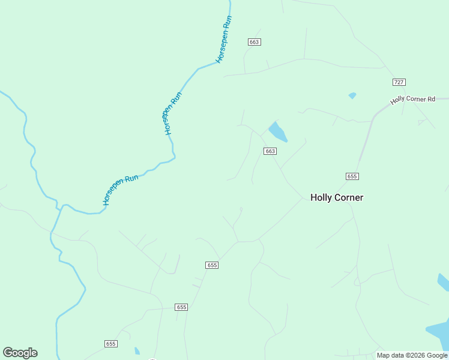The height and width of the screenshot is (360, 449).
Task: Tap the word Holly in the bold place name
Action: pyautogui.click(x=321, y=197)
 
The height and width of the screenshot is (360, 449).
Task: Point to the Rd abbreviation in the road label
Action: pyautogui.click(x=431, y=98)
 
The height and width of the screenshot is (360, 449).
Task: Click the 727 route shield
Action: pyautogui.click(x=399, y=82)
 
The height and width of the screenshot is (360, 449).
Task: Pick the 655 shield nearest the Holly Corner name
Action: pyautogui.click(x=352, y=176)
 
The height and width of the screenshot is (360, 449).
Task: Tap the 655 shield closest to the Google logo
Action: pyautogui.click(x=110, y=344)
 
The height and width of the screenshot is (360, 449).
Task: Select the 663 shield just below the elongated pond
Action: pyautogui.click(x=270, y=151)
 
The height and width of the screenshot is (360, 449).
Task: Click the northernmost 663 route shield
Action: pyautogui.click(x=255, y=42)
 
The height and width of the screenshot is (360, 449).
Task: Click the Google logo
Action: pyautogui.click(x=20, y=353)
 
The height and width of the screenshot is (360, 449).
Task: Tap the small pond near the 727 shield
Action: pyautogui.click(x=352, y=95)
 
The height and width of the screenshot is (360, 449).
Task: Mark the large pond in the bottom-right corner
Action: pyautogui.click(x=439, y=333)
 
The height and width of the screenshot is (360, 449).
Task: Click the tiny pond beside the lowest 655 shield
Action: pyautogui.click(x=137, y=351)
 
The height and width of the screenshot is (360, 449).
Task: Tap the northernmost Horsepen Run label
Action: pyautogui.click(x=224, y=40)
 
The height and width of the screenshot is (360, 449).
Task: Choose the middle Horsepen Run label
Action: pyautogui.click(x=173, y=112)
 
